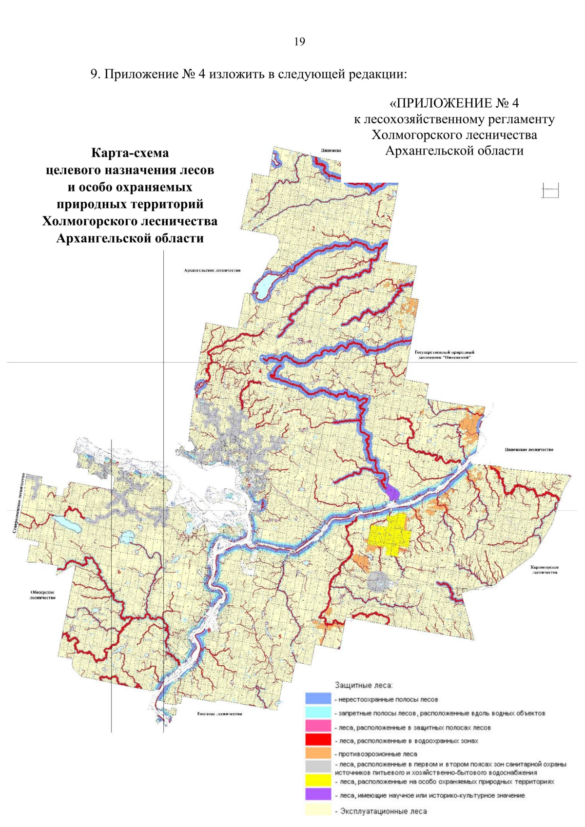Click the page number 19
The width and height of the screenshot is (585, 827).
click(299, 42)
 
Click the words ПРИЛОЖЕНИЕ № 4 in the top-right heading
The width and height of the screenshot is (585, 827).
click(454, 103)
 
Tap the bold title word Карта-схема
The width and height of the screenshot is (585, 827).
click(130, 153)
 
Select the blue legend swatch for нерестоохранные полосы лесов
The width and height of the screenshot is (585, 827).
click(318, 699)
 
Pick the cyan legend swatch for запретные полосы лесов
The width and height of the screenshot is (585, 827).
click(318, 712)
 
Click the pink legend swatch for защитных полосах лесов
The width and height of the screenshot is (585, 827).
click(318, 727)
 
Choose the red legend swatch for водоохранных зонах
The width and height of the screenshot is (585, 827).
click(318, 740)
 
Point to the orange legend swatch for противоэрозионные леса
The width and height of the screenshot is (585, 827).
click(318, 753)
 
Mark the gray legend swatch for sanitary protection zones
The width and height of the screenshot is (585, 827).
click(318, 767)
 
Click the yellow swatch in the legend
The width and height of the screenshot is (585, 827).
click(318, 781)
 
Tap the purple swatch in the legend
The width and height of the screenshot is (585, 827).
click(318, 795)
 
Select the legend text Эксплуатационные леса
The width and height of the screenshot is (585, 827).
click(383, 811)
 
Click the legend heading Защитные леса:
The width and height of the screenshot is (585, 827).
click(364, 685)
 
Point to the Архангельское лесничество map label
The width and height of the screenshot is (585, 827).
click(212, 270)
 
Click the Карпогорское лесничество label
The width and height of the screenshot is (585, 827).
click(545, 570)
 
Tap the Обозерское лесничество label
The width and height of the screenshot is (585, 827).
click(42, 595)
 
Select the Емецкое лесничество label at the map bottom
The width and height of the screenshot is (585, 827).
click(219, 714)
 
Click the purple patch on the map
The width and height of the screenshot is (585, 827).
click(392, 492)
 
